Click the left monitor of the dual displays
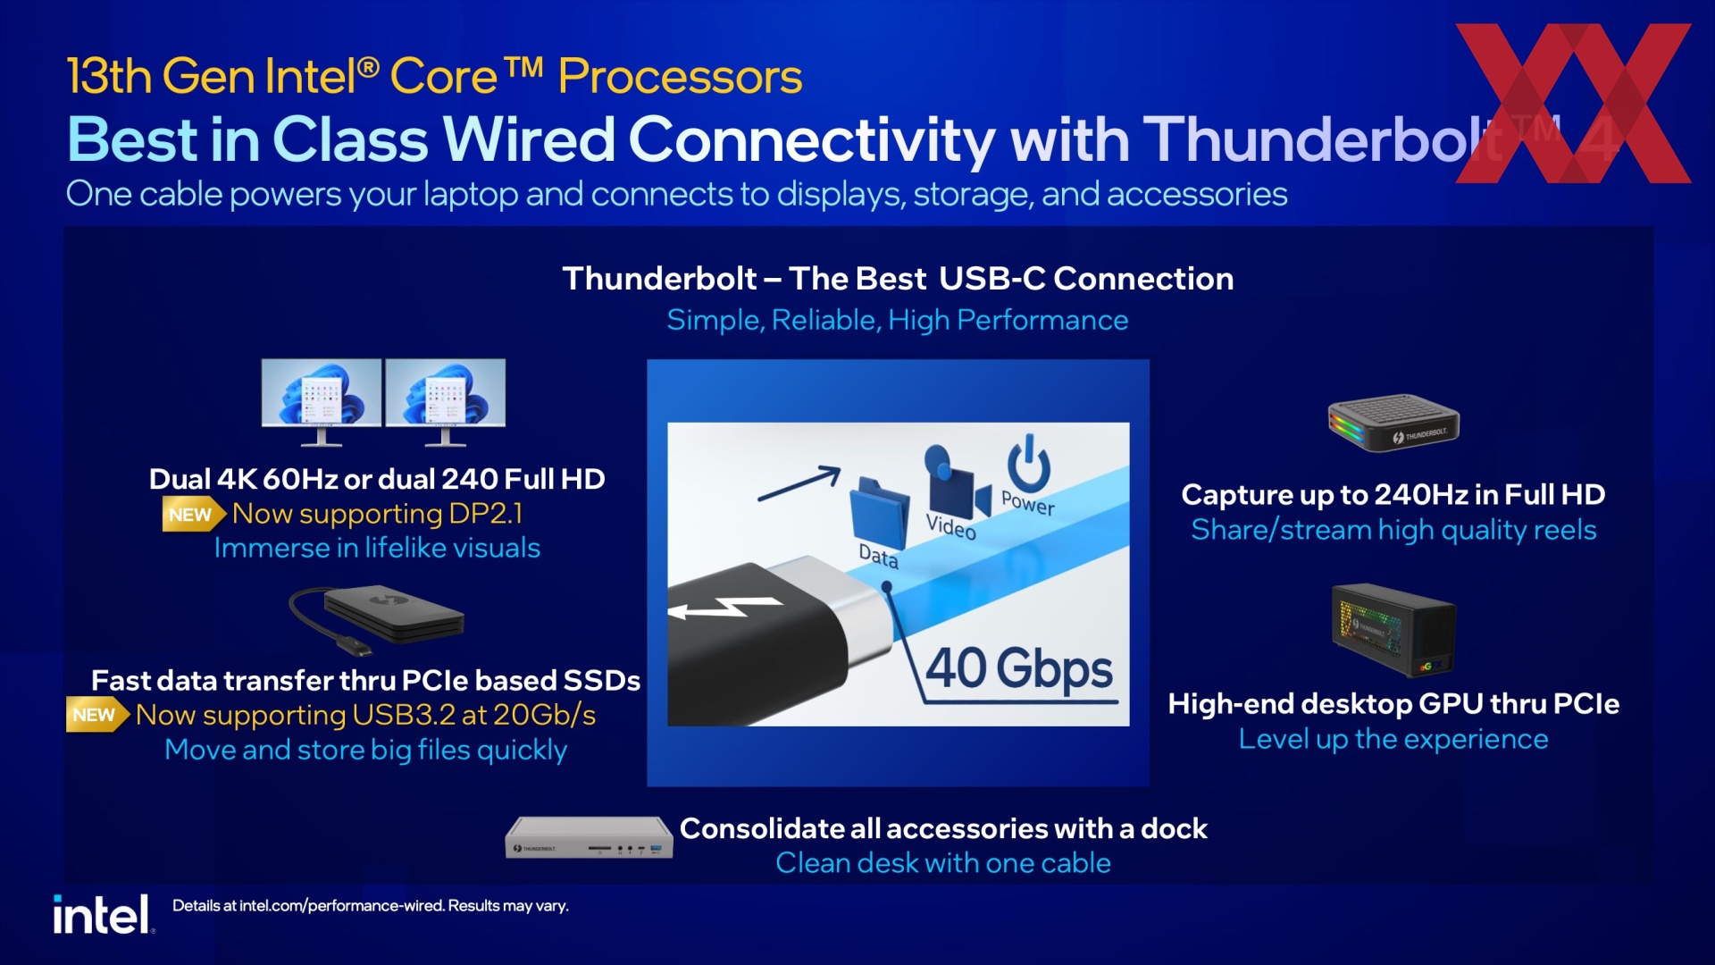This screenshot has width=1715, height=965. [x=322, y=402]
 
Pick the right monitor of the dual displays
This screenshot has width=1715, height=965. [x=445, y=402]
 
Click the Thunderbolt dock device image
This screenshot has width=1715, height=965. [x=589, y=837]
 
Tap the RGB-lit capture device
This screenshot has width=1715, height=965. [x=1393, y=423]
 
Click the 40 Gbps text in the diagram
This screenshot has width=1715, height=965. [x=1019, y=668]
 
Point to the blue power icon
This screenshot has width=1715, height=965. [x=1029, y=463]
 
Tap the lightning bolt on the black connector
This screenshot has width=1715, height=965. [x=725, y=608]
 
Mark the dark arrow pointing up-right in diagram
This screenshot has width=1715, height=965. [x=799, y=483]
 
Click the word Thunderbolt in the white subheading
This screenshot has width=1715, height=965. [x=659, y=279]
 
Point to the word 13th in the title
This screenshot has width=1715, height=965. [x=109, y=76]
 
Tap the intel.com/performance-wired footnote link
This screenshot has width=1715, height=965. [x=341, y=906]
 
